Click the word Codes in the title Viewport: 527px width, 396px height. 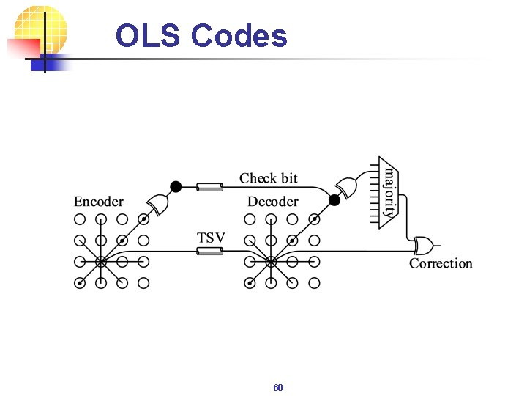(239, 35)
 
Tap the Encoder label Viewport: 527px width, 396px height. (98, 202)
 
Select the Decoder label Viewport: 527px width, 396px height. (272, 202)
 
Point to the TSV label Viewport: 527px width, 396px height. (211, 238)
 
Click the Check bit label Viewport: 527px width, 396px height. (269, 178)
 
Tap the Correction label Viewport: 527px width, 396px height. (441, 263)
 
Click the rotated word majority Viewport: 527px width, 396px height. (392, 191)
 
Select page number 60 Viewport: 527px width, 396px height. (277, 387)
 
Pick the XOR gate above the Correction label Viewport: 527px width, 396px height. (423, 243)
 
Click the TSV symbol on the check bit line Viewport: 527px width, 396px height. (209, 187)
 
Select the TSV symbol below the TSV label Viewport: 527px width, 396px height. (209, 252)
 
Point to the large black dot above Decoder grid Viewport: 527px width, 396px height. (334, 199)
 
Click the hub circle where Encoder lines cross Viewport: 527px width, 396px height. (101, 261)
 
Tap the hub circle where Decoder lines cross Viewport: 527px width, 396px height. (271, 261)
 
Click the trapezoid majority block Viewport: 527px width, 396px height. (387, 192)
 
